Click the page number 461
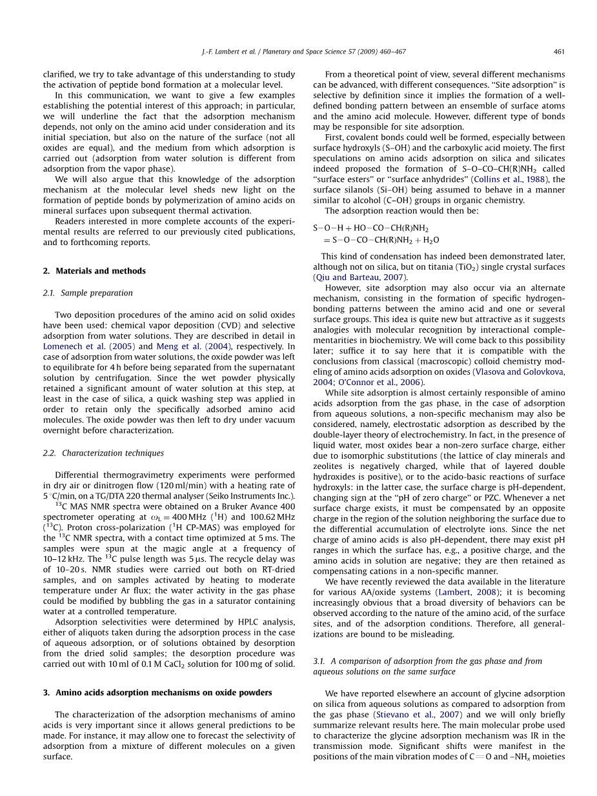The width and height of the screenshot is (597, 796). [x=560, y=52]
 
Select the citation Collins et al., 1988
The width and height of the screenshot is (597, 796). [x=510, y=179]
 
